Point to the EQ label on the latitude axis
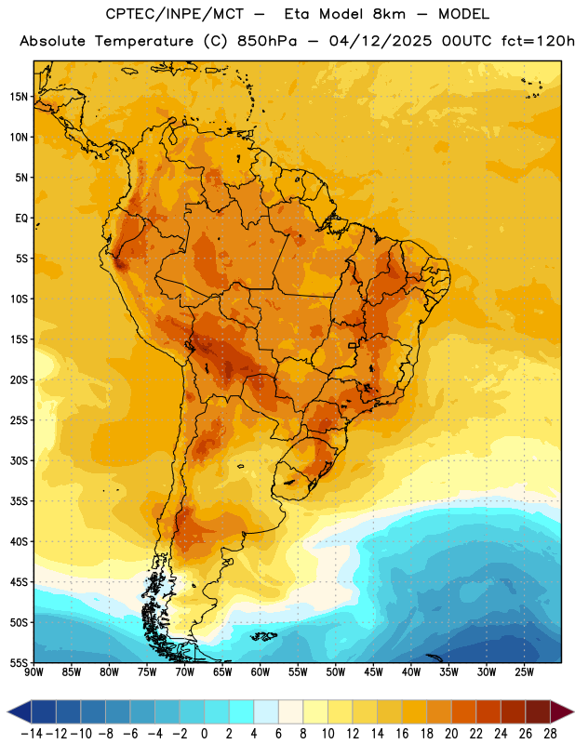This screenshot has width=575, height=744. point(21,219)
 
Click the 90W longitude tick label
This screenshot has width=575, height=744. point(34,672)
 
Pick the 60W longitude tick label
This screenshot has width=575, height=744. point(261,672)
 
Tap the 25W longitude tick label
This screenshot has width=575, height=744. point(524,672)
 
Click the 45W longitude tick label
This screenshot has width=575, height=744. point(373,672)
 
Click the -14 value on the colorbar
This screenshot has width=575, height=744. point(32,734)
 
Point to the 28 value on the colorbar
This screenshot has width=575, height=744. point(550,734)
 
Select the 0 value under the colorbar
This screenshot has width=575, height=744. point(204,734)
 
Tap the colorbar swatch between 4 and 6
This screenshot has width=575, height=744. point(266,712)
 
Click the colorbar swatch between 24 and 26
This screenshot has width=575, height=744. point(514,712)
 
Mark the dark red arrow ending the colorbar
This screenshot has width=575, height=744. point(561,712)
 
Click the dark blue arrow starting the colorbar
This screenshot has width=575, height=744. point(20,712)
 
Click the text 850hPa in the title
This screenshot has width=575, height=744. point(267,41)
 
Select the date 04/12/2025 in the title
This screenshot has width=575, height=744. point(381,41)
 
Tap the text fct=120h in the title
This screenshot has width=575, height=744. point(538,41)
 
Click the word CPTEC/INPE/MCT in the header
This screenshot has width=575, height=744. point(174,14)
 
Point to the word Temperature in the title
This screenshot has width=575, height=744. point(144,42)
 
